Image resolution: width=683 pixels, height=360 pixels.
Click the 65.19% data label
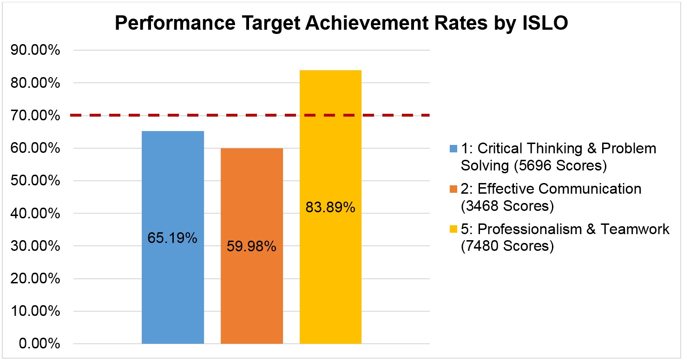(172, 239)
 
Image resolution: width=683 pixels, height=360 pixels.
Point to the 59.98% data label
(251, 247)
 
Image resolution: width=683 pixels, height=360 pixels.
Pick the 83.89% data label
(330, 208)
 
